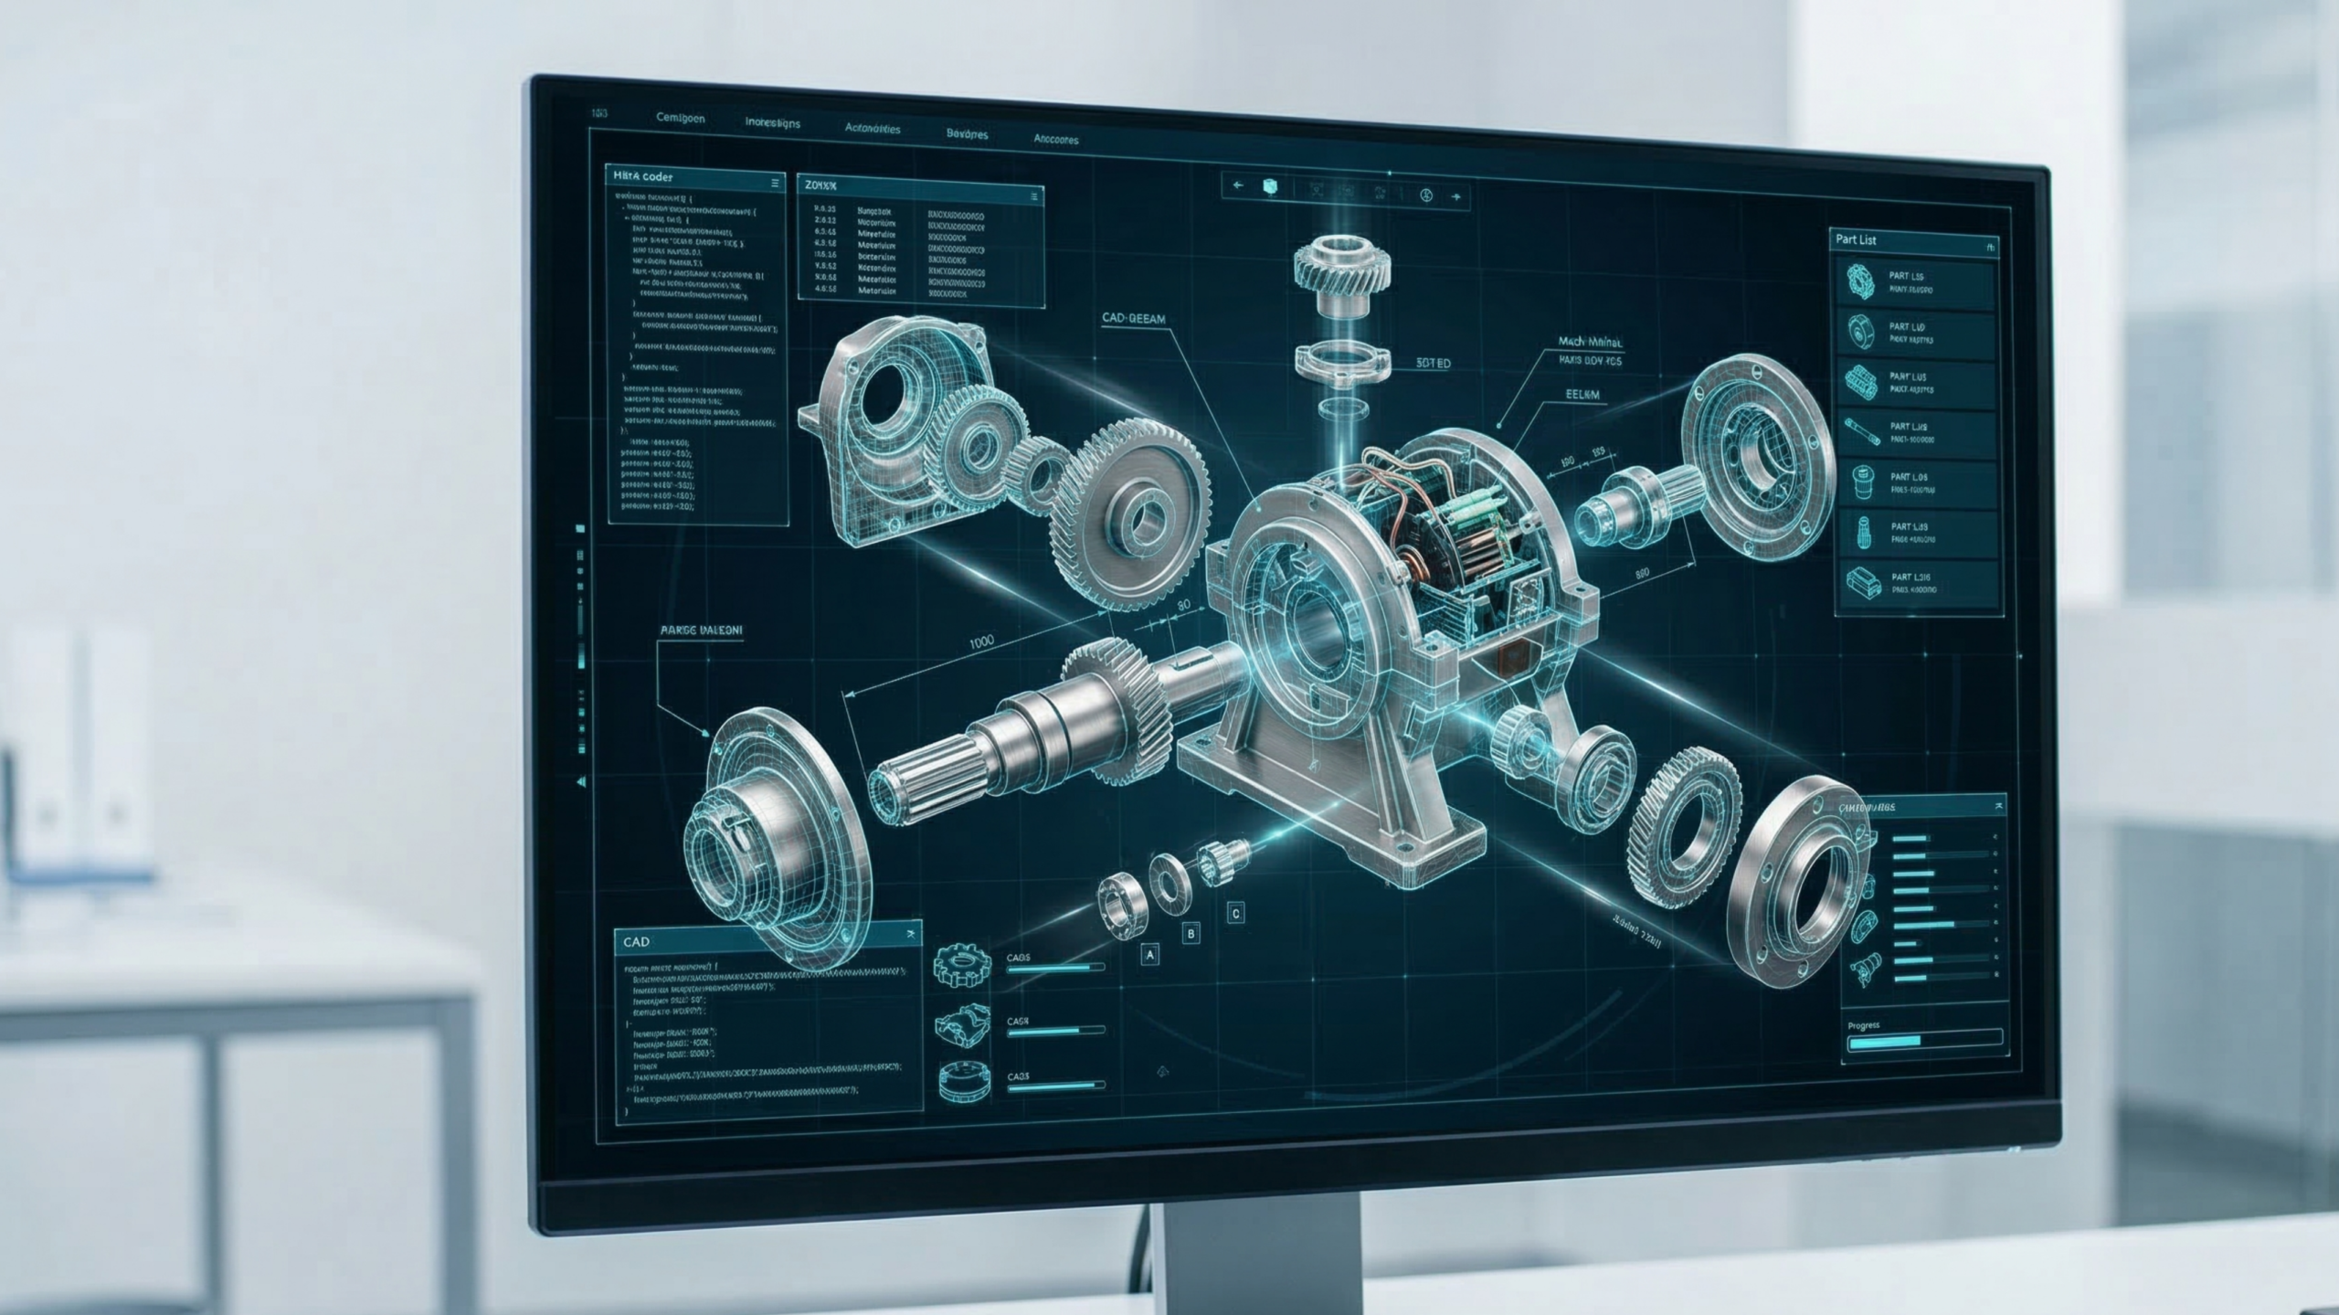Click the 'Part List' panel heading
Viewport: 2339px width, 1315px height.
(1856, 240)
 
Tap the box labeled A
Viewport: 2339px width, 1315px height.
(1150, 955)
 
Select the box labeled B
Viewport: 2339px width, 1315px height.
(1191, 934)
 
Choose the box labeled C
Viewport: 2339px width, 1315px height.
(1235, 912)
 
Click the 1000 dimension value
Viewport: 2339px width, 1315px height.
(980, 642)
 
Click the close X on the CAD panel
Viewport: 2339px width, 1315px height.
(910, 935)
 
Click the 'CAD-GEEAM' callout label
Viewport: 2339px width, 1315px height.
(1133, 319)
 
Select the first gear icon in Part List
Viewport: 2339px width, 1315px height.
(1859, 282)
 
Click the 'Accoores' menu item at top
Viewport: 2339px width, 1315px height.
(1055, 140)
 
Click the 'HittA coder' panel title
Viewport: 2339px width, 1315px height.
(643, 176)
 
